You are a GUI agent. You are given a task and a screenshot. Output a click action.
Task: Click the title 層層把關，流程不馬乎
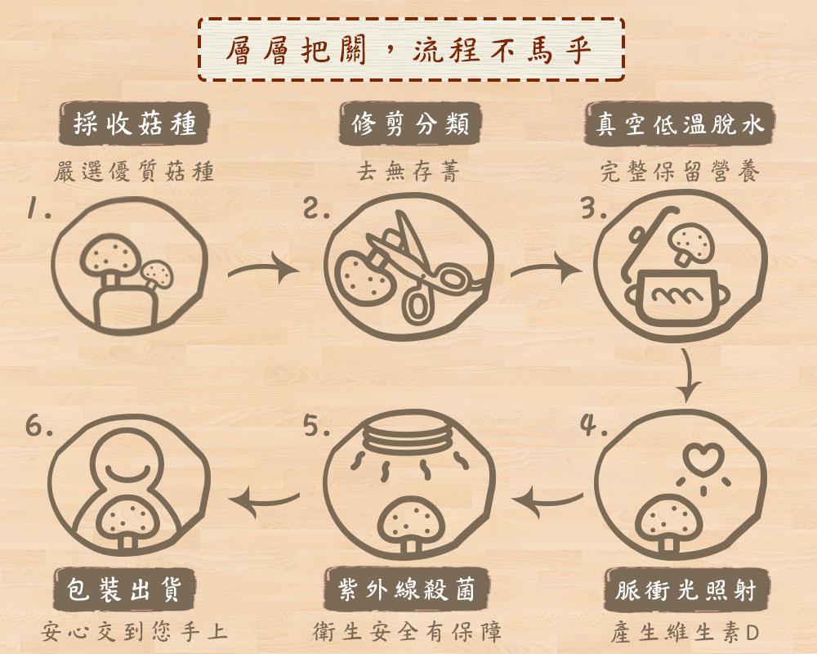pos(409,51)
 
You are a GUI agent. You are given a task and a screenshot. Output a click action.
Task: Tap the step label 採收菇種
pos(135,124)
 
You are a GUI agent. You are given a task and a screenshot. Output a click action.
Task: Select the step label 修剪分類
pos(410,124)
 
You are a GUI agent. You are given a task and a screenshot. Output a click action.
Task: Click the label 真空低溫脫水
pos(680,124)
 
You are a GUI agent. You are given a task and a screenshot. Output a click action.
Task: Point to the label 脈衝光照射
pos(685,591)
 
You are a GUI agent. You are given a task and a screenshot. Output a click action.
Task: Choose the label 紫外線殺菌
pos(406,590)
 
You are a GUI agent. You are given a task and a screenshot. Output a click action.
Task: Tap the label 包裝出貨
pos(124,589)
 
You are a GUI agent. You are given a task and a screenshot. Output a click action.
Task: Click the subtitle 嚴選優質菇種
pos(134,172)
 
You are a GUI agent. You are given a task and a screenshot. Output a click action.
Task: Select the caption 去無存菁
pos(408,171)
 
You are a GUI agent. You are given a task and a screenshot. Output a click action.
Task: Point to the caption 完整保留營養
pos(680,171)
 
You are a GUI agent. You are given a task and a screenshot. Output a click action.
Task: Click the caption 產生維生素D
pos(685,633)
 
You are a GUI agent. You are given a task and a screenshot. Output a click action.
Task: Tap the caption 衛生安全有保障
pos(407,632)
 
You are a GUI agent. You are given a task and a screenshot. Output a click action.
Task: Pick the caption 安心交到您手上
pos(134,631)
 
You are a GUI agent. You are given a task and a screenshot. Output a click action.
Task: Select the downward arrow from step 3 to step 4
pos(689,375)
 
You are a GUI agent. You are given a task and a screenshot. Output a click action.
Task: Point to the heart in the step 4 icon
pos(704,457)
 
